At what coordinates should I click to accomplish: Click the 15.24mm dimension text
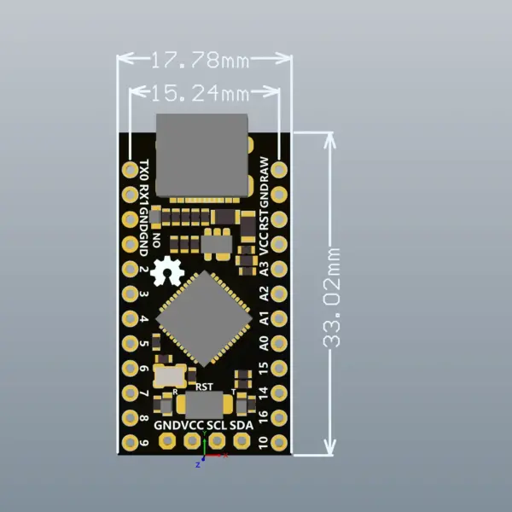[x=206, y=91]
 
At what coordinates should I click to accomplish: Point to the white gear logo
[x=167, y=271]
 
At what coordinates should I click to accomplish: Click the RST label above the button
[x=205, y=387]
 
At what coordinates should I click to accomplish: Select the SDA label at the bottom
[x=241, y=424]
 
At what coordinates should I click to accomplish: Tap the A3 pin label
[x=264, y=267]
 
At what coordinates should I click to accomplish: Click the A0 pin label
[x=264, y=342]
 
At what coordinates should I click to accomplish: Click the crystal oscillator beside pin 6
[x=169, y=375]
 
